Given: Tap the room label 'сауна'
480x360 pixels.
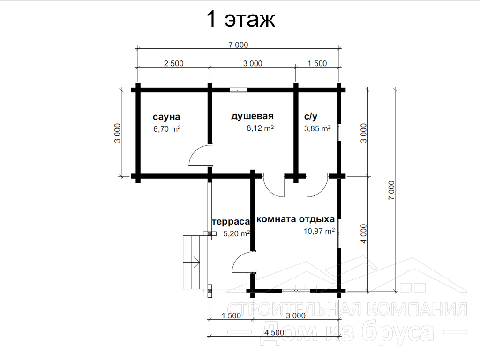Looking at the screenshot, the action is (x=166, y=117).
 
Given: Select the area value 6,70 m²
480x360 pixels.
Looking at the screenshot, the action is (x=167, y=129).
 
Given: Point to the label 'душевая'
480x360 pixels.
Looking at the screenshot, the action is (x=252, y=116).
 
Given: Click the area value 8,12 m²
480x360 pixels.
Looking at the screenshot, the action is (x=260, y=128).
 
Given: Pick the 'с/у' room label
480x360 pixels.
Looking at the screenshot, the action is (x=311, y=116).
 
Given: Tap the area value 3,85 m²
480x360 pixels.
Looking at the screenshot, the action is (x=317, y=128).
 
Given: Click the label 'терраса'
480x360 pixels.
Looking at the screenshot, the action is (x=231, y=222).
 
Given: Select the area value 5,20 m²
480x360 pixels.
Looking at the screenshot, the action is (x=237, y=233).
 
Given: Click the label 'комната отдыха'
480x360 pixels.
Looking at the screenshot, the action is (x=296, y=219).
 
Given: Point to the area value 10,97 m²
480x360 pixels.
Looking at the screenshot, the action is (x=319, y=231).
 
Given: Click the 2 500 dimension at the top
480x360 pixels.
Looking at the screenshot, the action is (x=173, y=63).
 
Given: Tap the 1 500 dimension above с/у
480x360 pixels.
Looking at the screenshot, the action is (x=317, y=63).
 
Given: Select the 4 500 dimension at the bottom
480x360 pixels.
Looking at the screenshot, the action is (x=274, y=332).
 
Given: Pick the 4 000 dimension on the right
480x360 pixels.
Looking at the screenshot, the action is (x=363, y=233).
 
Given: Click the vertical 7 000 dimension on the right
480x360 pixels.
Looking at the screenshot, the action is (x=391, y=190).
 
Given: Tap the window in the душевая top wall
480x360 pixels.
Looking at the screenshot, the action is (x=239, y=90).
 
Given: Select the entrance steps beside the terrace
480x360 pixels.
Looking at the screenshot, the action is (x=191, y=262).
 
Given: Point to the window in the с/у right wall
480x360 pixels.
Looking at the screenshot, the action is (x=339, y=132).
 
